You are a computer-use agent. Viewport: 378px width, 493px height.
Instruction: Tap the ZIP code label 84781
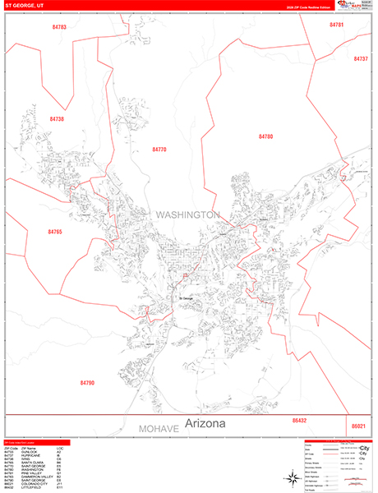click(x=336, y=25)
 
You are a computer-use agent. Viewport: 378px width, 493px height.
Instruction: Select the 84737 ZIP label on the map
click(x=361, y=59)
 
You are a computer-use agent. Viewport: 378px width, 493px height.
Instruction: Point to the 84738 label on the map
click(x=57, y=119)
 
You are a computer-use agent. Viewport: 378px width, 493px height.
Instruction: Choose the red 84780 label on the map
click(x=265, y=136)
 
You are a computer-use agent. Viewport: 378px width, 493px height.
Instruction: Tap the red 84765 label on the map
click(x=55, y=233)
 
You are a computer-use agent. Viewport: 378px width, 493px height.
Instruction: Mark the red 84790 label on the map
click(x=88, y=383)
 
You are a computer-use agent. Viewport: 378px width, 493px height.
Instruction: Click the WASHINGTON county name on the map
click(x=187, y=214)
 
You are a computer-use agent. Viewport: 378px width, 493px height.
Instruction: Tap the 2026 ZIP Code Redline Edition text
click(x=307, y=7)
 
